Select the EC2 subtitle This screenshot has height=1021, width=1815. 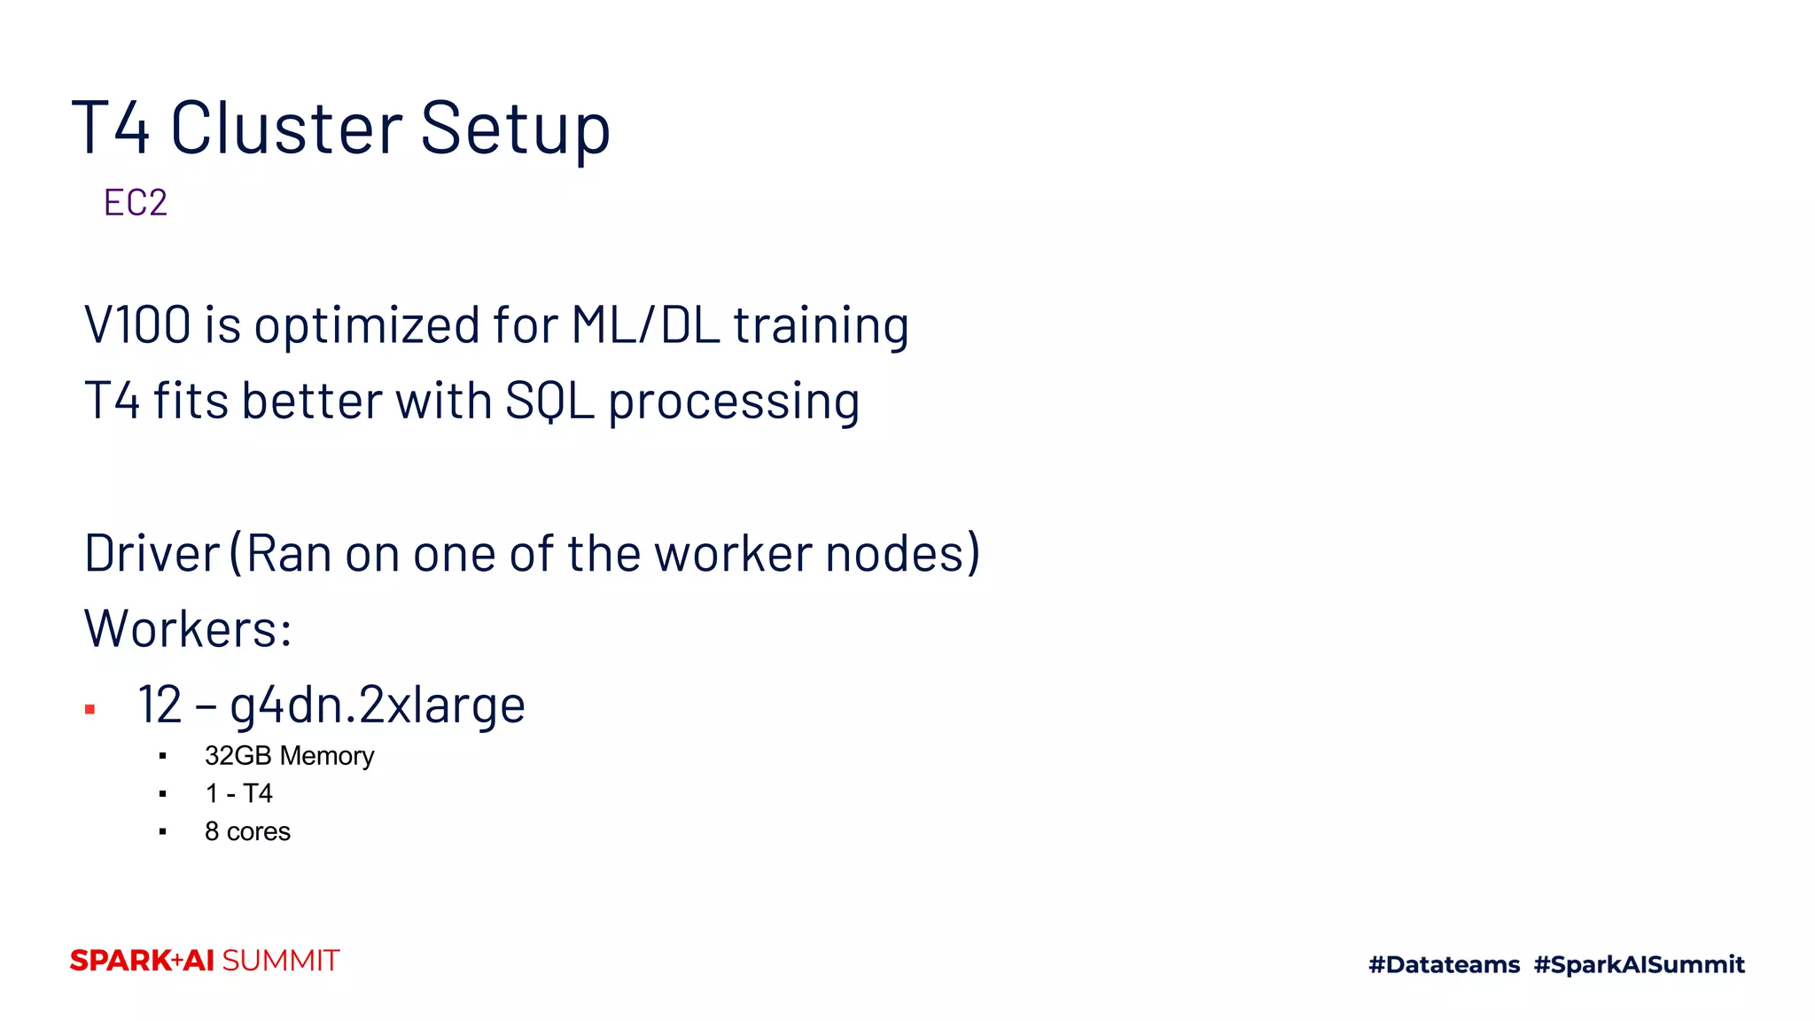coord(135,203)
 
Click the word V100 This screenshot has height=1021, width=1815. coord(137,324)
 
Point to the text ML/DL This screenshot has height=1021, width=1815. coord(644,324)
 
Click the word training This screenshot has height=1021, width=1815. coord(821,326)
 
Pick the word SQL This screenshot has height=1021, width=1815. coord(549,401)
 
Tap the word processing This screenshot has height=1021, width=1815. coord(734,402)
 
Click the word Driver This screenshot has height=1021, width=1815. coord(152,554)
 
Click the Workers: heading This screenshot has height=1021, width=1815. coord(188,629)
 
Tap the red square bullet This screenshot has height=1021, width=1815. coord(90,709)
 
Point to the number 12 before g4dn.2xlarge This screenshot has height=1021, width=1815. coord(160,705)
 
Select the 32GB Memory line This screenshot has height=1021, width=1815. coord(289,756)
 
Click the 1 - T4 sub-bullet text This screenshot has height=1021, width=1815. coord(238,793)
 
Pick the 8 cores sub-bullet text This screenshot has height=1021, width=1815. coord(247,831)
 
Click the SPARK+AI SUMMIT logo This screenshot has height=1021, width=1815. coord(205,961)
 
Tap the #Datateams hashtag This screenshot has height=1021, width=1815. coord(1444,964)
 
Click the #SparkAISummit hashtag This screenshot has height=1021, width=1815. coord(1639,964)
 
